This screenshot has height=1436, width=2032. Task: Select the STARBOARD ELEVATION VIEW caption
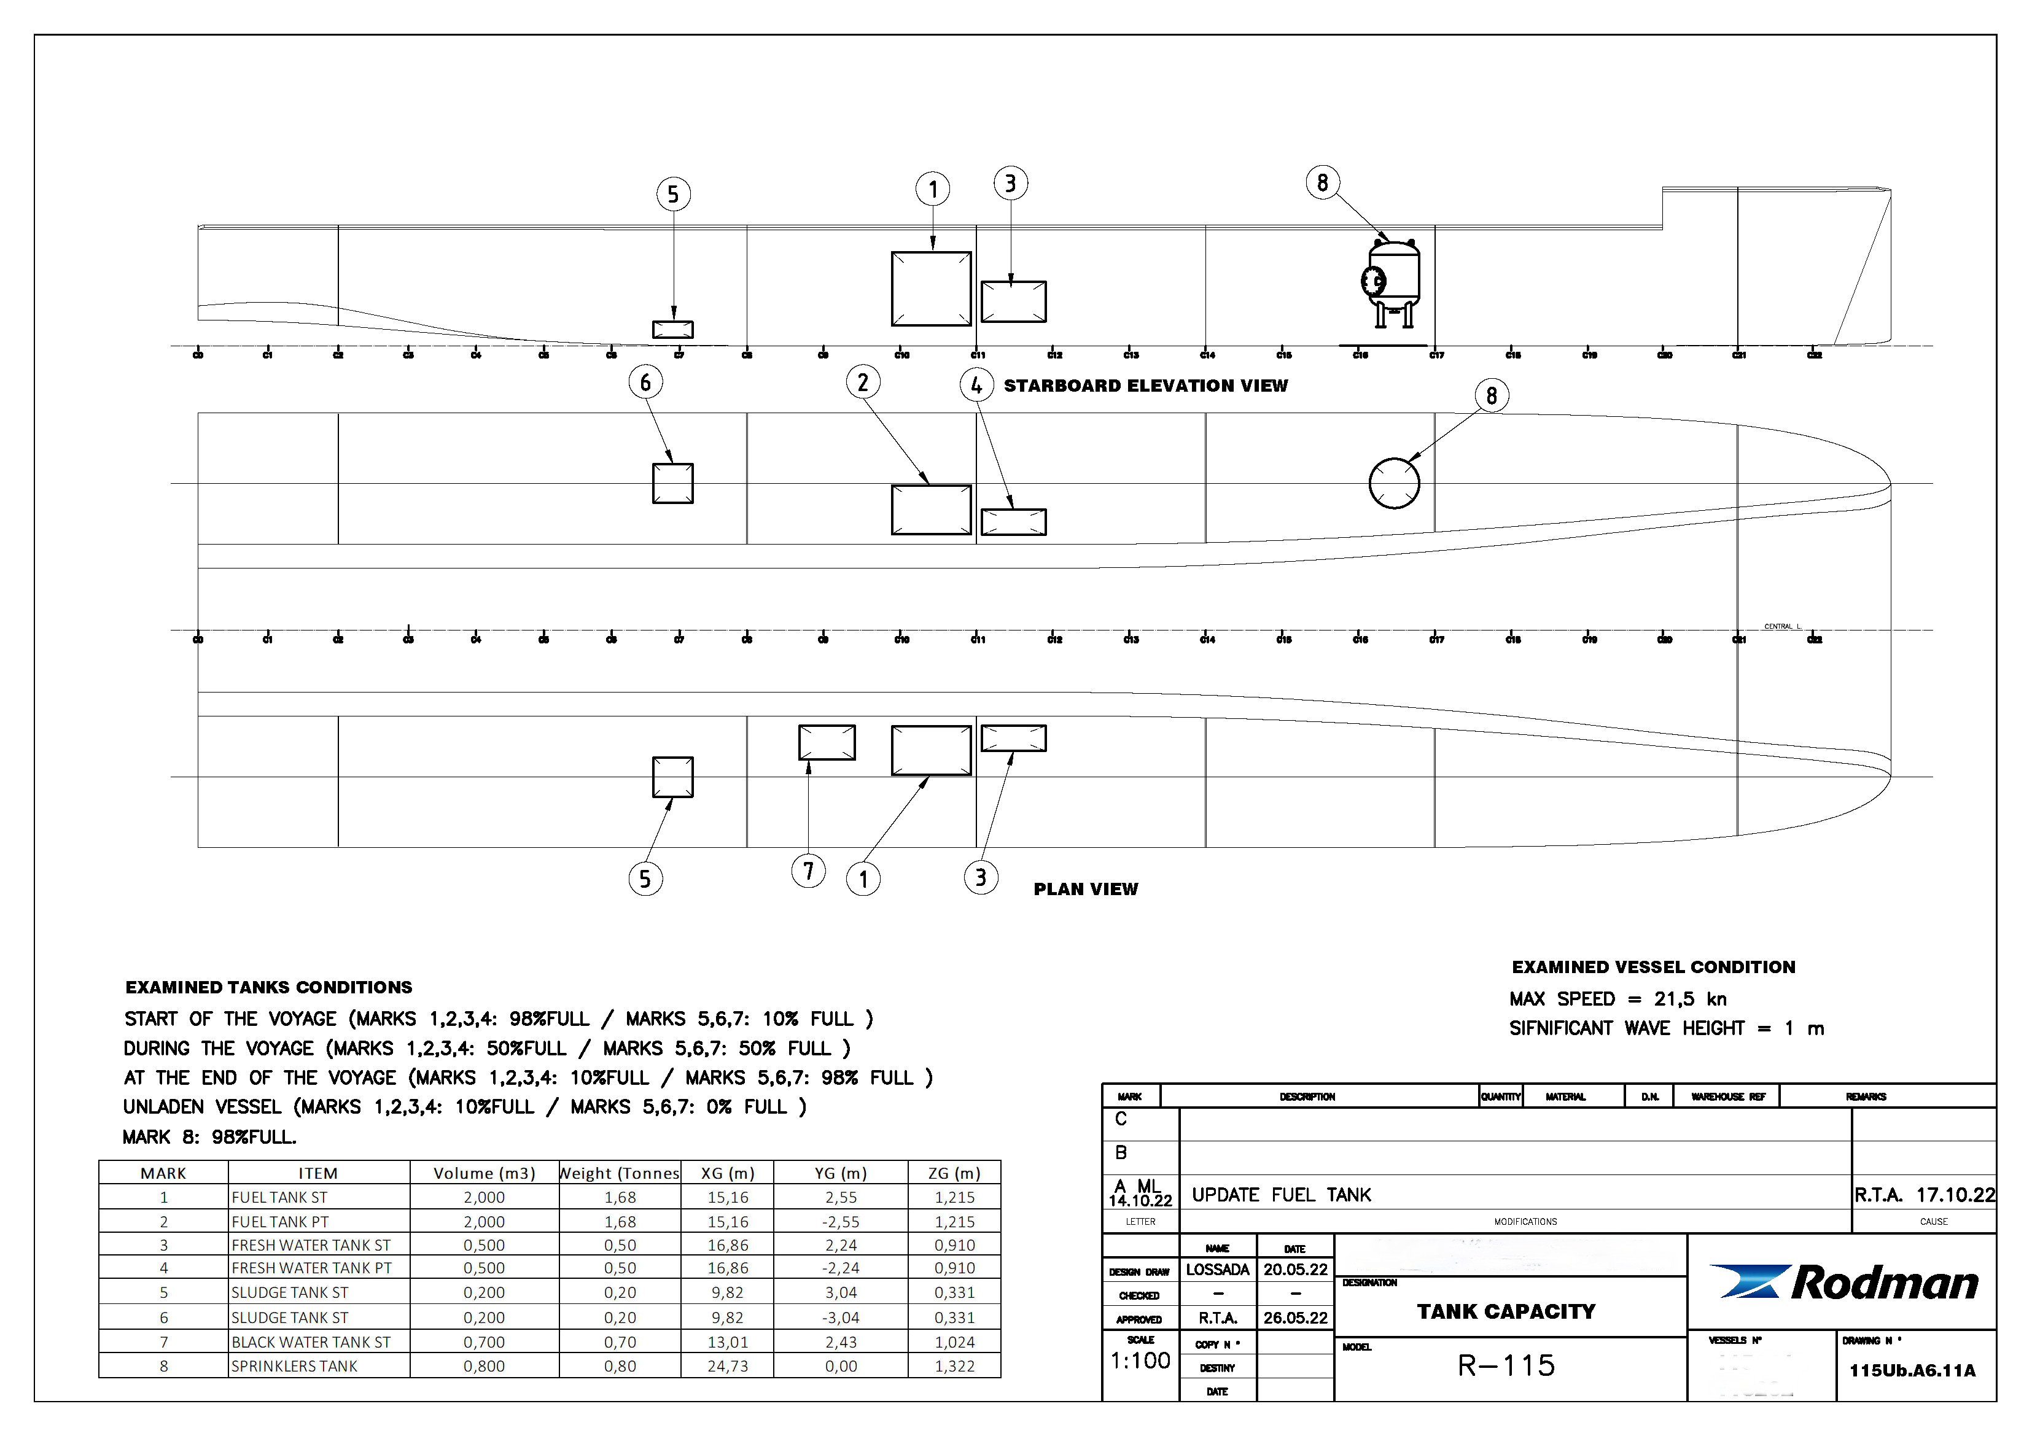point(1145,386)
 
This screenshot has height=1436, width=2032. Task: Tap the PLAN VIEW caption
point(1086,889)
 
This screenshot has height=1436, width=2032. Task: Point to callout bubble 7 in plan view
point(808,872)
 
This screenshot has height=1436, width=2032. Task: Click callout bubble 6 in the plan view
point(645,382)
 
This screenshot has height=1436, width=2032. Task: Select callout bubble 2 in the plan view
point(863,382)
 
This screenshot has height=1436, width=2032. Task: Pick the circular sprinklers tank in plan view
point(1394,483)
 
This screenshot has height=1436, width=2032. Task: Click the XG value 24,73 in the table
point(728,1366)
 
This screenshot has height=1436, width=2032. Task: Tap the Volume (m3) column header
point(484,1173)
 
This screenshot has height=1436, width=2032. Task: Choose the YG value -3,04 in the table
point(841,1318)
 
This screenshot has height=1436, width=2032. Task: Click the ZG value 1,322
point(954,1366)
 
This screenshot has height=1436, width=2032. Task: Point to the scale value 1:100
point(1140,1361)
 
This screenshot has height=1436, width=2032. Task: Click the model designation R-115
point(1506,1366)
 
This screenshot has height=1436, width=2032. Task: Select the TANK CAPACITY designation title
point(1506,1311)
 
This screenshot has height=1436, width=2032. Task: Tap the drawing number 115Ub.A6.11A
point(1912,1370)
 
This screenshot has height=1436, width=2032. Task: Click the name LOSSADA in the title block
point(1217,1270)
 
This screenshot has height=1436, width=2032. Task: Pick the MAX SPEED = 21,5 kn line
point(1618,999)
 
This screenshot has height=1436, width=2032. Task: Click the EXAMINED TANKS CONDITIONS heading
point(269,987)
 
